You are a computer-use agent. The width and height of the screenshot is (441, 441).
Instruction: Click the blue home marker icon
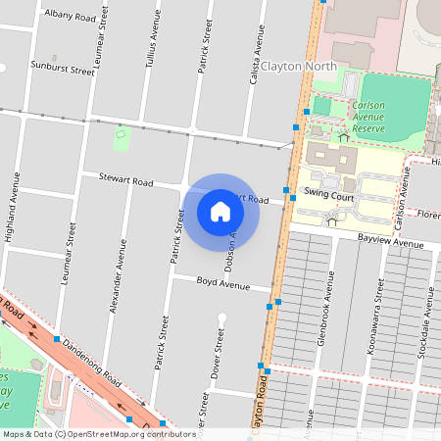click(x=220, y=211)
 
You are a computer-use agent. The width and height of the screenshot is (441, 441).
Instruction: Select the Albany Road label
click(x=70, y=17)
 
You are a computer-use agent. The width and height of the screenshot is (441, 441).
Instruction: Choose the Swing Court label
click(x=328, y=194)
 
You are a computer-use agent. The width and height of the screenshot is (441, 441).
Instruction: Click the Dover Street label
click(x=220, y=353)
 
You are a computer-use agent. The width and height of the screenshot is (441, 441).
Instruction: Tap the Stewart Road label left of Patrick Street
click(x=125, y=180)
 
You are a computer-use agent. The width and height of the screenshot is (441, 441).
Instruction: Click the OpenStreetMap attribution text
click(x=99, y=433)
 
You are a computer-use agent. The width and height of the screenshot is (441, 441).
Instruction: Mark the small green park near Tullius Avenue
click(x=122, y=138)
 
